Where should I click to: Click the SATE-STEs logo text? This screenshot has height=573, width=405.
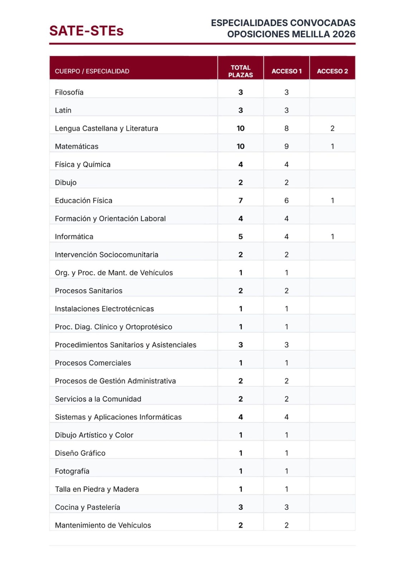[x=86, y=31]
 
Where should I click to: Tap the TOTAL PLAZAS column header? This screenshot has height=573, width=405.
[x=240, y=71]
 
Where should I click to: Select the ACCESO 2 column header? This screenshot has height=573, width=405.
[x=332, y=71]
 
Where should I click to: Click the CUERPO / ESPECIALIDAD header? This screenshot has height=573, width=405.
[x=92, y=71]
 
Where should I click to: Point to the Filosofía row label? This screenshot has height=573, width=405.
[x=69, y=92]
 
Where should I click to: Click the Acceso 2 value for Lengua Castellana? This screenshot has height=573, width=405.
[x=332, y=128]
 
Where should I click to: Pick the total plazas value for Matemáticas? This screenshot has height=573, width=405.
[x=240, y=146]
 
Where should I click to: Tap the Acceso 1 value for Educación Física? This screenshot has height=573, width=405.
[x=286, y=201]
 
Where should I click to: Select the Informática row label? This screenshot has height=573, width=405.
[x=74, y=237]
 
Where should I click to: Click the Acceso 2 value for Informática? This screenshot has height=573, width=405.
[x=332, y=237]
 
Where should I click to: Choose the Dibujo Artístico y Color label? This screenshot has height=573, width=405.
[x=94, y=435]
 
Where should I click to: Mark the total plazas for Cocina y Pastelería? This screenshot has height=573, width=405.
[x=240, y=507]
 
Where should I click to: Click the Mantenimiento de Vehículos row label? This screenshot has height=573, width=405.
[x=103, y=525]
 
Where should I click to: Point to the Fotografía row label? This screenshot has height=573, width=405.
[x=72, y=471]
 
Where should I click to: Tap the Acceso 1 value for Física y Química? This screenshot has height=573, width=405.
[x=286, y=164]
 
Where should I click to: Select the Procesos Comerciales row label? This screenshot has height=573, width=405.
[x=93, y=363]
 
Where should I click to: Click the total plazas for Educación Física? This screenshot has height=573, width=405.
[x=240, y=201]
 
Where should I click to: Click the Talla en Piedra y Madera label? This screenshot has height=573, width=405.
[x=97, y=489]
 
